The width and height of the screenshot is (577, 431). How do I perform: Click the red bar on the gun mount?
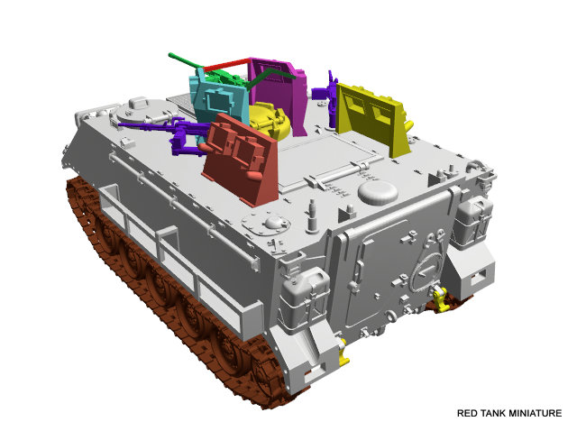(225, 64)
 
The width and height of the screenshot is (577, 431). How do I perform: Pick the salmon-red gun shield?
(240, 160)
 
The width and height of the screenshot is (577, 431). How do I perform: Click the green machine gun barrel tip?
(171, 56)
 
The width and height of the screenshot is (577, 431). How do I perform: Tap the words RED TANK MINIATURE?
(509, 413)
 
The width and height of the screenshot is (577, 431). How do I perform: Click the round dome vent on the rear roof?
(378, 192)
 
